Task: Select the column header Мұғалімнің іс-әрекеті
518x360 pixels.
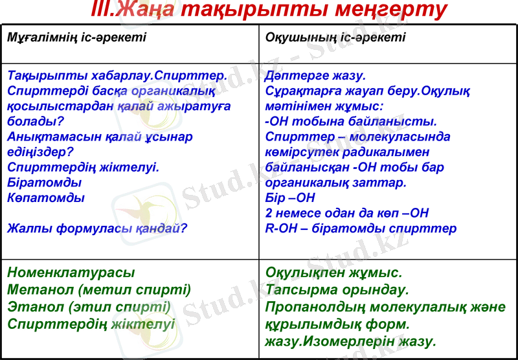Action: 76,37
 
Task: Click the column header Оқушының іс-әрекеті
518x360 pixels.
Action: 335,37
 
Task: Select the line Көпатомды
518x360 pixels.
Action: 46,198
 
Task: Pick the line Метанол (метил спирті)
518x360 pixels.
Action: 99,289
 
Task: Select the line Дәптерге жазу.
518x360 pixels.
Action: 315,75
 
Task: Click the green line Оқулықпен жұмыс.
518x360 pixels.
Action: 333,273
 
